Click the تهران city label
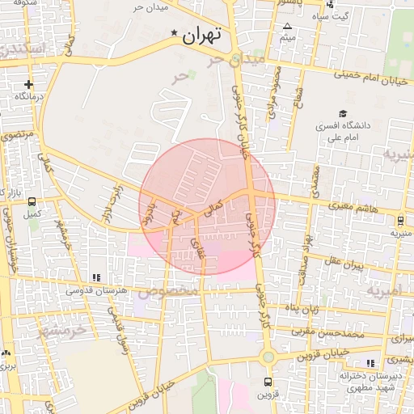click(201, 36)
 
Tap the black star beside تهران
click(174, 33)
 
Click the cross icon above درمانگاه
click(29, 84)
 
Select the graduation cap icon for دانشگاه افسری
click(343, 114)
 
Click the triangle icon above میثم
click(287, 27)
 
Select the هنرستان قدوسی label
click(95, 290)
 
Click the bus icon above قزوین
click(268, 382)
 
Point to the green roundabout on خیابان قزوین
click(268, 357)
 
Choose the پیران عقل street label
click(346, 264)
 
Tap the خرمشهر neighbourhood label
click(61, 331)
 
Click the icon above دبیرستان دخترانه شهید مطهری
click(371, 363)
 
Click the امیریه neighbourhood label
click(383, 289)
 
